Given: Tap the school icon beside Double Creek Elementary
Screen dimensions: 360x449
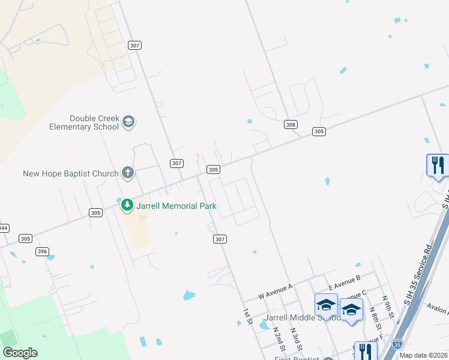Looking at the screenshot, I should pos(128,122).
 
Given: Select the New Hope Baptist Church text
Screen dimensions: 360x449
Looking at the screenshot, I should pos(71,174).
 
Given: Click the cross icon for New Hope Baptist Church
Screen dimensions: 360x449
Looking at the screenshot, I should pos(128,173).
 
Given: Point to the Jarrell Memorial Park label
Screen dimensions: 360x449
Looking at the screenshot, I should pos(176,206).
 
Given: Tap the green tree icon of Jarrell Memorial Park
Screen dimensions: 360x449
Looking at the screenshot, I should pos(127,206).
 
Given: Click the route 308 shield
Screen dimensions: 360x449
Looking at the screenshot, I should pos(291,124).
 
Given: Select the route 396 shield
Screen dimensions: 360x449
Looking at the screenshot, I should pos(42,251).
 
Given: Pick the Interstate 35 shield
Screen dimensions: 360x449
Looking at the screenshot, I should pos(397,344).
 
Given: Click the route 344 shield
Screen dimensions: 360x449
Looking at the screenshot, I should pos(4,228).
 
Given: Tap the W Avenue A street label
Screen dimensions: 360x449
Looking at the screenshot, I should pos(275,292).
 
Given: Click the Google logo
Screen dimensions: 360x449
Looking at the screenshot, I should pos(20,353).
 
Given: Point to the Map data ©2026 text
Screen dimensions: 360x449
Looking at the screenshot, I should pos(423,355).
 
